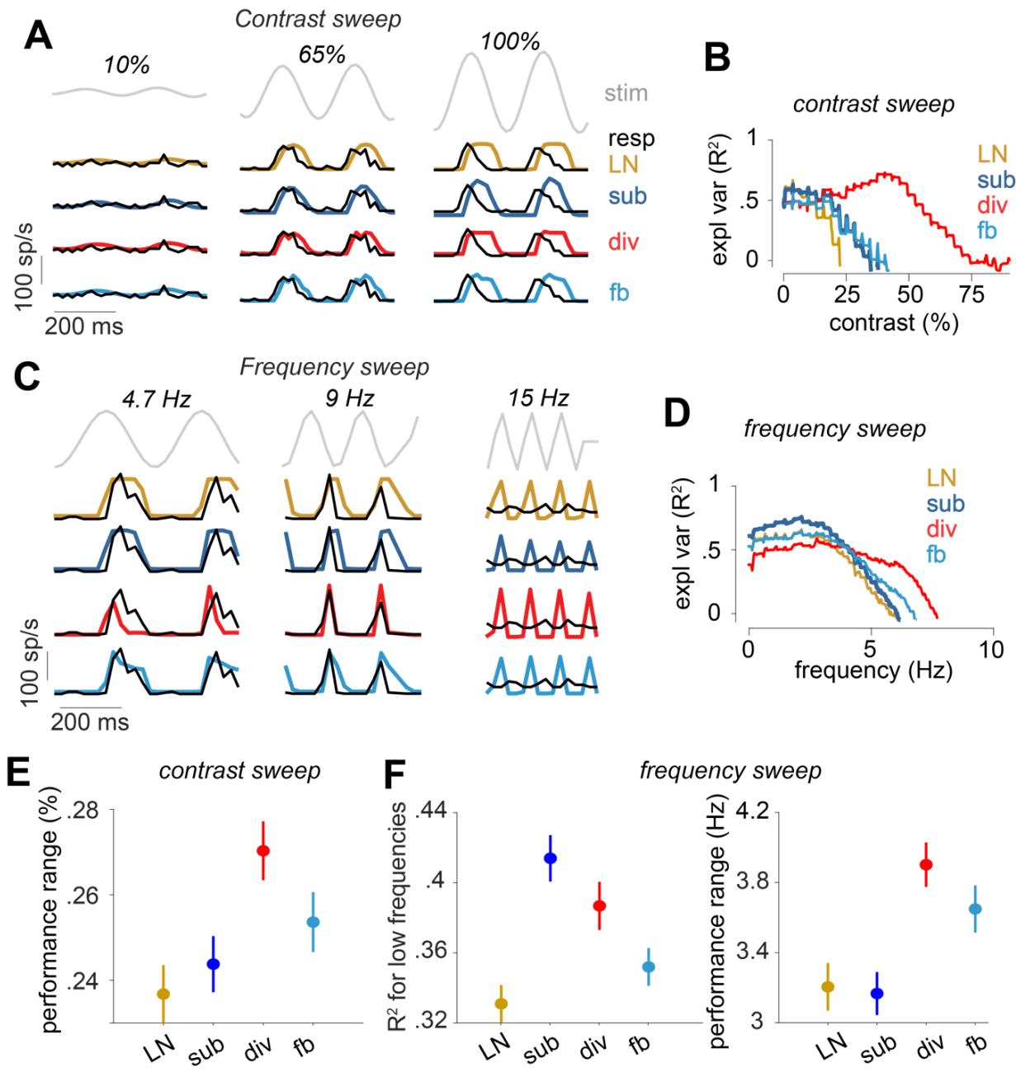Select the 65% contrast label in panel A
[x=321, y=54]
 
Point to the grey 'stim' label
[x=625, y=93]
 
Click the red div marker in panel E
[x=262, y=850]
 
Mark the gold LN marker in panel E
[x=163, y=994]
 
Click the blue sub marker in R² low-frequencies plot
[x=551, y=858]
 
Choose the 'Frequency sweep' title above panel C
[x=334, y=367]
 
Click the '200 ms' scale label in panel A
[x=83, y=327]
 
